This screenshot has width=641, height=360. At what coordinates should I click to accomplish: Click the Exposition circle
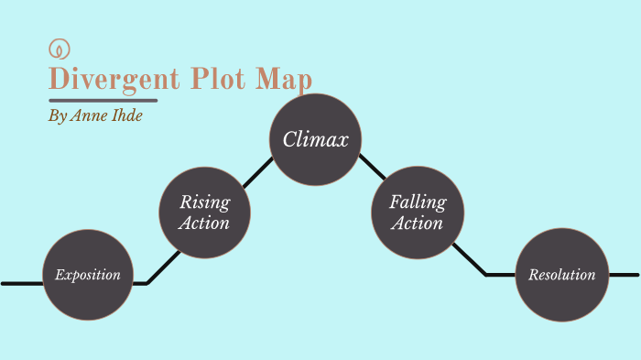(88, 275)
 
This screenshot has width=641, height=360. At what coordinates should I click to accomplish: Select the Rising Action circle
(204, 212)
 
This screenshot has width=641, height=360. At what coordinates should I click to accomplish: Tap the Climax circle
(315, 140)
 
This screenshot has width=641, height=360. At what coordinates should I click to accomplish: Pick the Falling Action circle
(417, 212)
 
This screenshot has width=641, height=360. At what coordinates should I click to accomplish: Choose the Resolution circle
(561, 275)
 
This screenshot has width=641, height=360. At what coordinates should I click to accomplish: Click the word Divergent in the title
(115, 80)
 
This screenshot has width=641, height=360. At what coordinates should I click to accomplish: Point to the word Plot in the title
(223, 80)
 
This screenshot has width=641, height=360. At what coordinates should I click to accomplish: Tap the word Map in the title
(284, 80)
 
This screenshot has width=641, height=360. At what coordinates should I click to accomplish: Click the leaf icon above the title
(60, 49)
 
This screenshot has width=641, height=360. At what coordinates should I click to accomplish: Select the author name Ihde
(124, 117)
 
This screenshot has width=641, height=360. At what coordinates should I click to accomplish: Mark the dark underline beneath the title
(103, 100)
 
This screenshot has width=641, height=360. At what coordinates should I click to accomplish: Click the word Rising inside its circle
(204, 202)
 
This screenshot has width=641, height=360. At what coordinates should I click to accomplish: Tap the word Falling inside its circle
(417, 202)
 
